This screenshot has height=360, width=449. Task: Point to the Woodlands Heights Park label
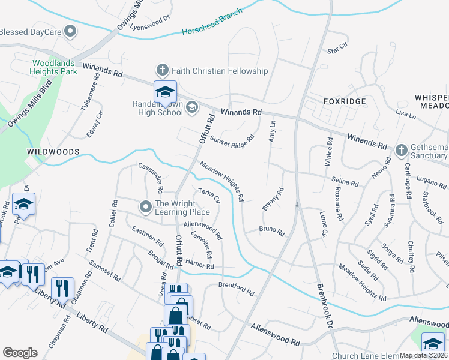coord(55,67)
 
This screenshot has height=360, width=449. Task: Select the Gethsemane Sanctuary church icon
coord(402,149)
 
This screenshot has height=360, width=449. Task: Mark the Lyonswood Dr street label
coord(150,23)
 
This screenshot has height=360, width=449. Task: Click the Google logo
coord(20,353)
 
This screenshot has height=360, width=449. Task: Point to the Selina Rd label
coord(345,181)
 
